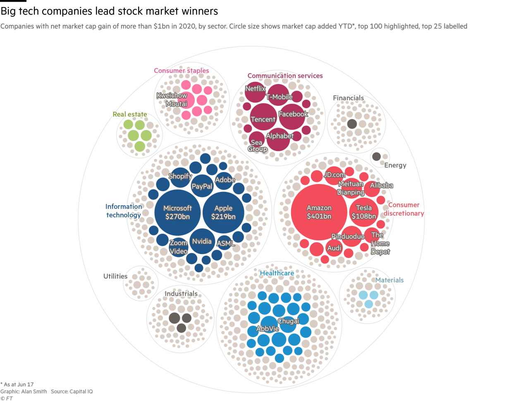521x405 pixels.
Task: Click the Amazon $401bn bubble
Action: [319, 212]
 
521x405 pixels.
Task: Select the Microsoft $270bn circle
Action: [177, 212]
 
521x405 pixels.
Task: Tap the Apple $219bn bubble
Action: [223, 212]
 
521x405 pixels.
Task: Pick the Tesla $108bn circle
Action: [364, 211]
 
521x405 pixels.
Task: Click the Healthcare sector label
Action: [277, 273]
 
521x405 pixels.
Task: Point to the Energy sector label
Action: [395, 165]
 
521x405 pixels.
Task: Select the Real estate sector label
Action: [130, 114]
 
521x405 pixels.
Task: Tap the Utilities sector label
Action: [115, 276]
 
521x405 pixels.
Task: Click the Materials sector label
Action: [389, 280]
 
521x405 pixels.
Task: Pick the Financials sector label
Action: [348, 98]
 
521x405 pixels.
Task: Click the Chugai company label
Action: [288, 321]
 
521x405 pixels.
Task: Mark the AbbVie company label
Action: [268, 329]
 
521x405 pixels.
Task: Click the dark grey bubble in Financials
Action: [351, 124]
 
